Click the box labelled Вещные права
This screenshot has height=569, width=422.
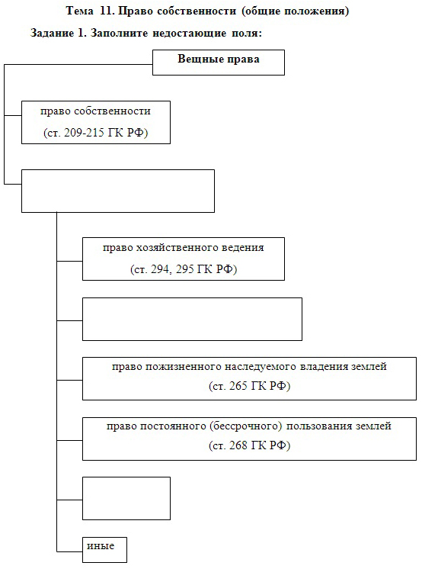tap(219, 63)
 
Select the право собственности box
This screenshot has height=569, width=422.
tap(96, 122)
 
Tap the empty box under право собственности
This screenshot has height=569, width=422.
tap(118, 191)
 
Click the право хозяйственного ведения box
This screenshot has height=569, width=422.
tap(184, 259)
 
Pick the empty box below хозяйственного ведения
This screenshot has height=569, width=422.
tap(192, 319)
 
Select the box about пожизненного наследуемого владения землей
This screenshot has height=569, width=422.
tap(249, 378)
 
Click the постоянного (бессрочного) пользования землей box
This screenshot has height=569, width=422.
tap(249, 439)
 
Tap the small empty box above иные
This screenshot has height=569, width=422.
tap(126, 498)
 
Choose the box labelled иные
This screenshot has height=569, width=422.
tap(104, 549)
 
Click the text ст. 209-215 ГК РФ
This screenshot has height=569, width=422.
tap(96, 133)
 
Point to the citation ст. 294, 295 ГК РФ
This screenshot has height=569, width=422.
tap(184, 269)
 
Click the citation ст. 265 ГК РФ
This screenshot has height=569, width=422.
tap(249, 386)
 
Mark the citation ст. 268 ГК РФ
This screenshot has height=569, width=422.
tap(249, 445)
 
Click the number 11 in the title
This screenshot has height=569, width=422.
tap(106, 11)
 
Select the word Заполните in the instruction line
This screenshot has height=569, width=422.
tap(119, 33)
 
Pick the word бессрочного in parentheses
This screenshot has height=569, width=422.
tap(245, 426)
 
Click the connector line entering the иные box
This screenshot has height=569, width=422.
tap(69, 551)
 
